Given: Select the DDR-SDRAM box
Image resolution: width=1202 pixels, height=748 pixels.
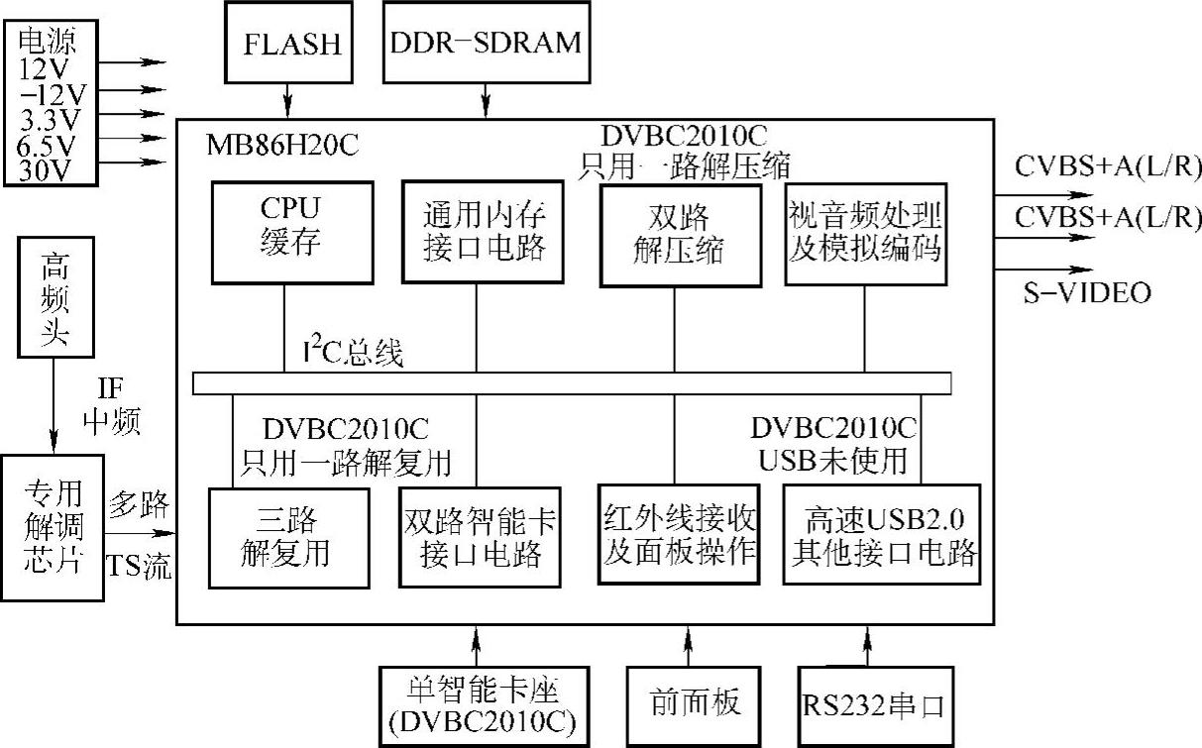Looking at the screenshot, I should (x=485, y=43).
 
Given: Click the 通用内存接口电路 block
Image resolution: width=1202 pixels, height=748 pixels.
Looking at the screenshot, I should (x=477, y=232).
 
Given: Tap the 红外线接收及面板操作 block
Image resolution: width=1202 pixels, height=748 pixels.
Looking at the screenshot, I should (x=680, y=535).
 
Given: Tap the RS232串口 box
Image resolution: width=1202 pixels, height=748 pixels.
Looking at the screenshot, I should (x=872, y=705).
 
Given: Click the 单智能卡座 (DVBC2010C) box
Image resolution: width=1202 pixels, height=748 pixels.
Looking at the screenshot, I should (x=479, y=705).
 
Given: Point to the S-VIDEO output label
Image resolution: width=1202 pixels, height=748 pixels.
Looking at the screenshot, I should (x=1087, y=292).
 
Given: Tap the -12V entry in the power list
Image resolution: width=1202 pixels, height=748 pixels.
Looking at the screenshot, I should (x=53, y=93).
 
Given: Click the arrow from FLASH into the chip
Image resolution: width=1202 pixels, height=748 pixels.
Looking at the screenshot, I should (x=288, y=101).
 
